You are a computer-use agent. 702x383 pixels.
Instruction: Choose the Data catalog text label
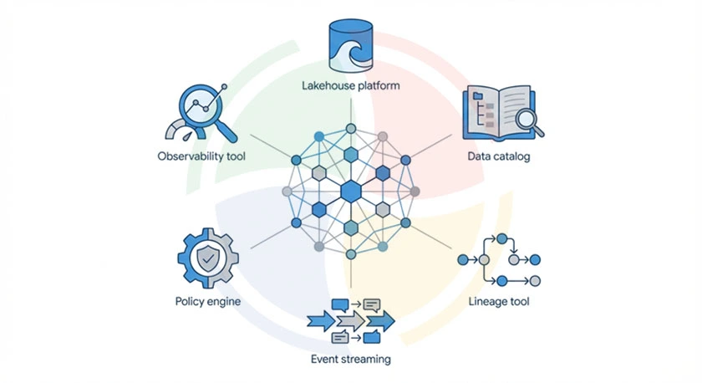499,156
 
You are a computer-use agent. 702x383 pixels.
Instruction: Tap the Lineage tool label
500,301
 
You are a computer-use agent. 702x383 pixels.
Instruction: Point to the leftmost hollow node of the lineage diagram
465,260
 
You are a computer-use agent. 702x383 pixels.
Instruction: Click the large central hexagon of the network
350,191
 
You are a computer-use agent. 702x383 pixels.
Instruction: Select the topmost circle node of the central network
351,129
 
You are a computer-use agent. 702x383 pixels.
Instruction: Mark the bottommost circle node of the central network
351,254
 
